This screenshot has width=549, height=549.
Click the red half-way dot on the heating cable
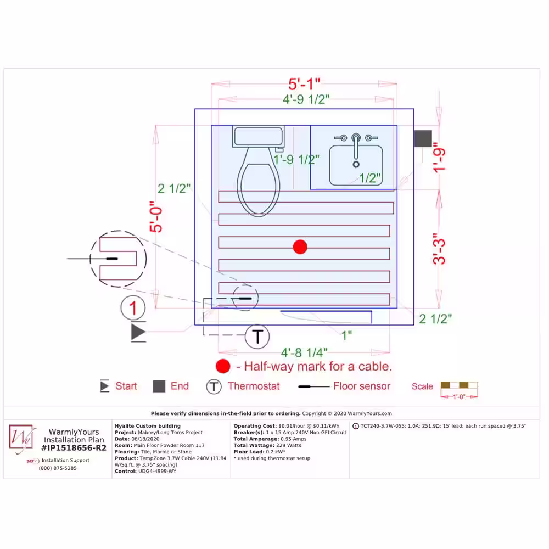[300, 247]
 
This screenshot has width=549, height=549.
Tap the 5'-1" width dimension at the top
[304, 84]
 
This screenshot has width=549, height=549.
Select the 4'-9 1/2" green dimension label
[306, 99]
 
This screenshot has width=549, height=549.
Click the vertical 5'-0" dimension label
[156, 216]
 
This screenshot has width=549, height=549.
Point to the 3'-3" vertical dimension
[439, 248]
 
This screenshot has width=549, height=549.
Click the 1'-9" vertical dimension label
[439, 157]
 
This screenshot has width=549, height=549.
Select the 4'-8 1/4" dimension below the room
[304, 352]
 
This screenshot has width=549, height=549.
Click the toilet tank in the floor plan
[258, 136]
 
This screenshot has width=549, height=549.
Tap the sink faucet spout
[356, 147]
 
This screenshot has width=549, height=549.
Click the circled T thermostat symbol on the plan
[257, 337]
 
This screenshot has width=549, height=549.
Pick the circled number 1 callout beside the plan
[133, 308]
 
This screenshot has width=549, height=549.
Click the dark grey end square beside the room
[423, 138]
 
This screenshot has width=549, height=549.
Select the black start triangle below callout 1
[138, 332]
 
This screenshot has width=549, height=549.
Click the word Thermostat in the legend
[254, 386]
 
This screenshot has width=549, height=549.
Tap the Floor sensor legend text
[362, 386]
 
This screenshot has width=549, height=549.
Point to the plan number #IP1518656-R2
[74, 448]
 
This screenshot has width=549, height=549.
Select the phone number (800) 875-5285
[58, 468]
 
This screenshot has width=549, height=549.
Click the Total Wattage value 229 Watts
[290, 445]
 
